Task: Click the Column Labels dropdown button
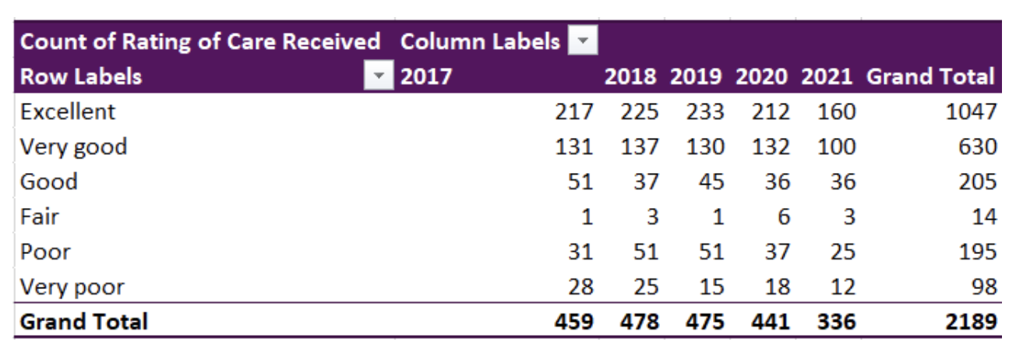tap(583, 41)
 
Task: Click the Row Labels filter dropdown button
tap(379, 76)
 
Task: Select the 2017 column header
tap(426, 76)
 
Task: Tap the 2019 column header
tap(697, 76)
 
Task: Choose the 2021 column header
tap(827, 76)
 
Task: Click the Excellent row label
tap(68, 111)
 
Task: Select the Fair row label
tap(40, 217)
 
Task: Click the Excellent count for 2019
tap(704, 111)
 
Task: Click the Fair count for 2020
tap(782, 217)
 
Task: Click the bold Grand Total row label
tap(83, 321)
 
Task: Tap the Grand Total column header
tap(930, 76)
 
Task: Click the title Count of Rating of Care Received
tap(200, 41)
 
